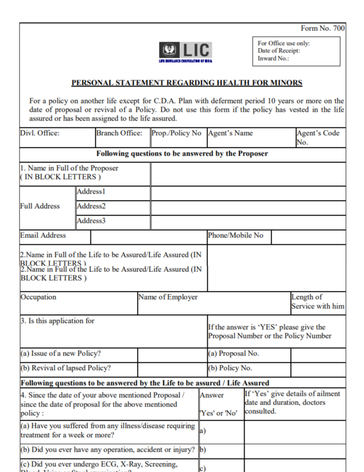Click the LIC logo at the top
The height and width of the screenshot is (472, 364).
pyautogui.click(x=185, y=51)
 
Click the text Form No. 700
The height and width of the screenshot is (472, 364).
pyautogui.click(x=323, y=29)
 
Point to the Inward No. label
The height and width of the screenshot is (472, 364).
pyautogui.click(x=273, y=58)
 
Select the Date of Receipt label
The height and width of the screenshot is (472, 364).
pyautogui.click(x=279, y=51)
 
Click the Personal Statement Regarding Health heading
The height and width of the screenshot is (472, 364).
pyautogui.click(x=187, y=83)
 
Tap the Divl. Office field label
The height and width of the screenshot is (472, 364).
pyautogui.click(x=40, y=133)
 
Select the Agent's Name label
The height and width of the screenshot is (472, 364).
pyautogui.click(x=231, y=133)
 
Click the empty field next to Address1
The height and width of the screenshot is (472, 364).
pyautogui.click(x=248, y=193)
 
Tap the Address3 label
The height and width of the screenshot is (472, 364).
pyautogui.click(x=91, y=221)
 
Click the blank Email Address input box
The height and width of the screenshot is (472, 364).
pyautogui.click(x=149, y=237)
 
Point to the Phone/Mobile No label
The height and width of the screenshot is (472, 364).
pyautogui.click(x=236, y=236)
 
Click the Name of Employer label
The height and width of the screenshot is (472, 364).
pyautogui.click(x=168, y=297)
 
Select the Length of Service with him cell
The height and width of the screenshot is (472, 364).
pyautogui.click(x=318, y=302)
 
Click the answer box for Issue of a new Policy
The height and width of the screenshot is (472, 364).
pyautogui.click(x=172, y=355)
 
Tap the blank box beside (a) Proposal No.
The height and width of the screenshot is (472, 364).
pyautogui.click(x=318, y=355)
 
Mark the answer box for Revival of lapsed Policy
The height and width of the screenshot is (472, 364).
pyautogui.click(x=172, y=369)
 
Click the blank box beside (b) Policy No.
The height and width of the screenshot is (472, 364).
pyautogui.click(x=318, y=369)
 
